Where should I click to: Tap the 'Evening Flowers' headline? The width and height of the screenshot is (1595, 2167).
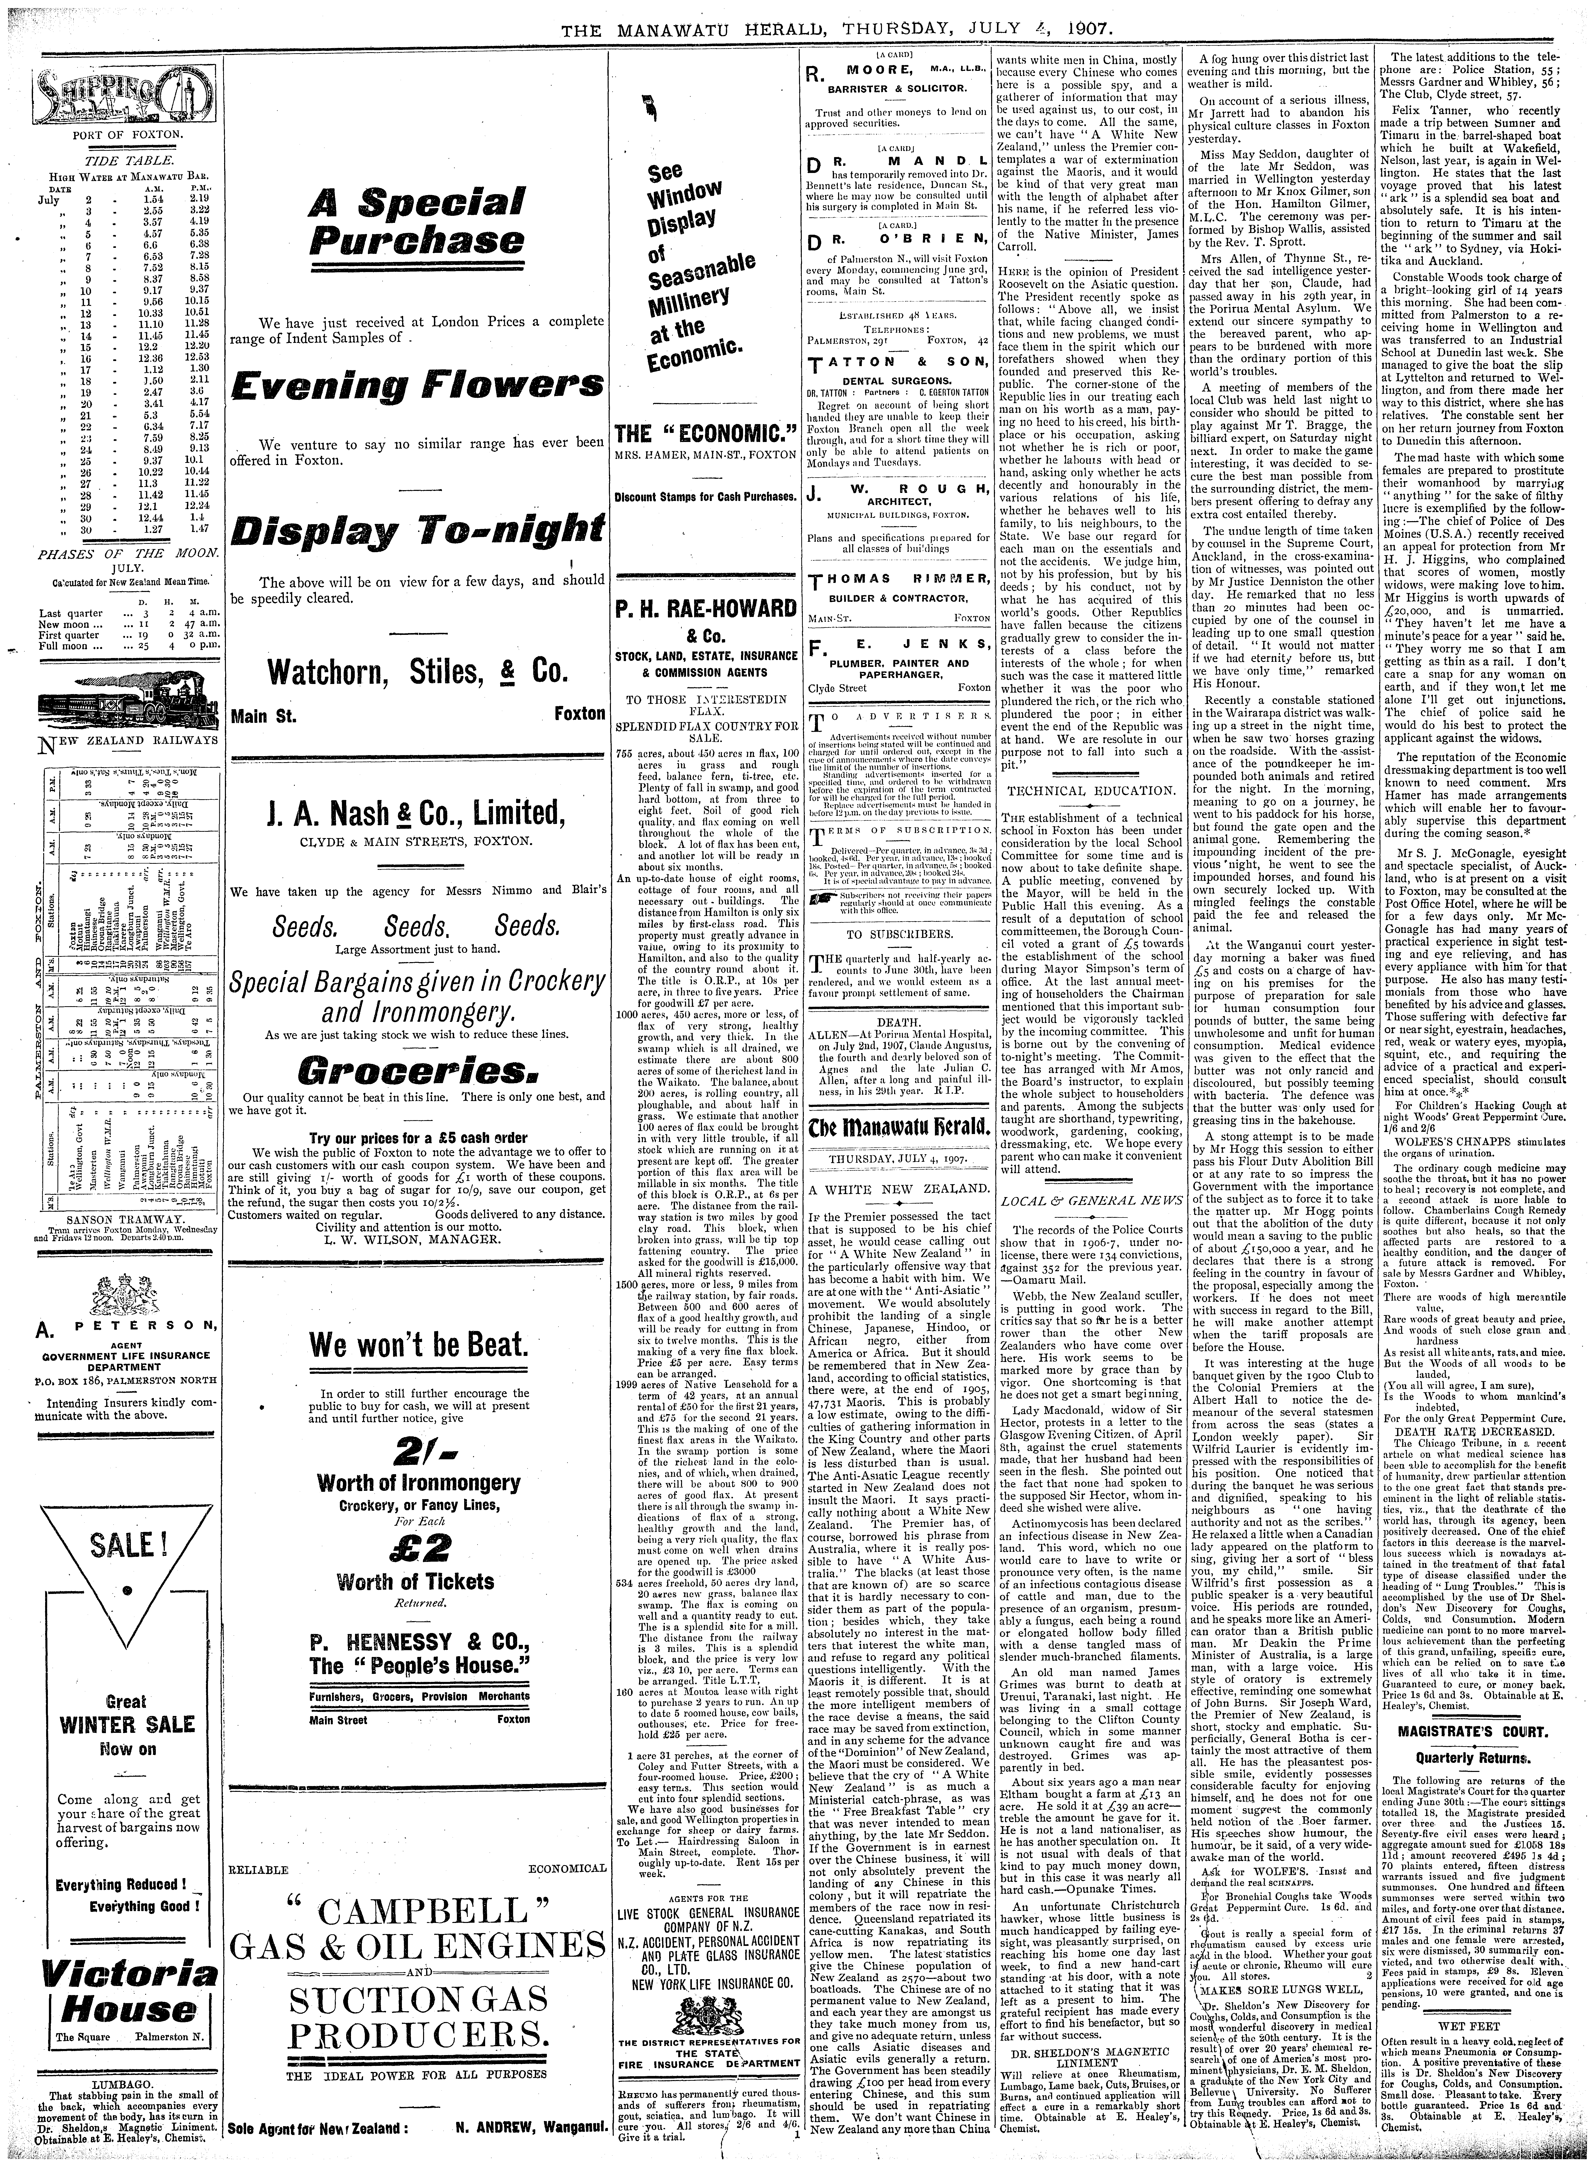pyautogui.click(x=417, y=390)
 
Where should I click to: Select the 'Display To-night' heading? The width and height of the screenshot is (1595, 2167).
pyautogui.click(x=417, y=529)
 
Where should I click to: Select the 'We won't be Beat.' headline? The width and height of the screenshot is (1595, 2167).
pyautogui.click(x=417, y=1345)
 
